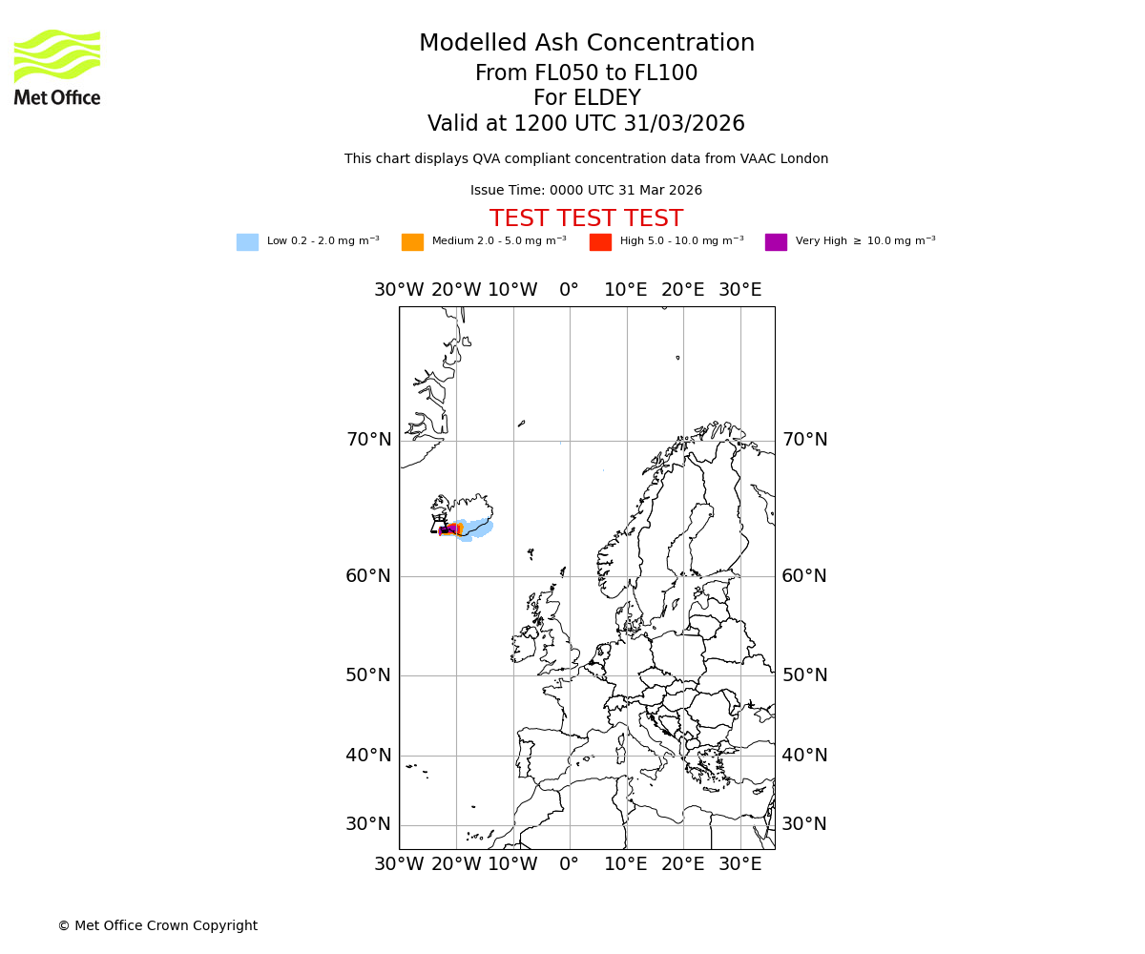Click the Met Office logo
tap(57, 67)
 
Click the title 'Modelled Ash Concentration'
tap(586, 44)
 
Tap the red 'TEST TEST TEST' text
tap(586, 219)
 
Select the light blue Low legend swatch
tap(247, 242)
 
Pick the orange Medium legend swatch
tap(412, 242)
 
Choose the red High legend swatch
tap(600, 242)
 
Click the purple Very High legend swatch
tap(776, 242)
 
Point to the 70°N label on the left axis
tap(368, 440)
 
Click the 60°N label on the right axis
tap(804, 576)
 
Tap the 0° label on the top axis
tap(570, 290)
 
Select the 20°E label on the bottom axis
tap(683, 865)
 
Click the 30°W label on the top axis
tap(399, 290)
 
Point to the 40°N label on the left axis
tap(368, 756)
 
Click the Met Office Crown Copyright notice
tap(157, 926)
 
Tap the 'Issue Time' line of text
tap(586, 191)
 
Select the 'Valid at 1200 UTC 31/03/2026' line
tap(586, 124)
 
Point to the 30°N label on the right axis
tap(804, 824)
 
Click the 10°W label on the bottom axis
tap(512, 865)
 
